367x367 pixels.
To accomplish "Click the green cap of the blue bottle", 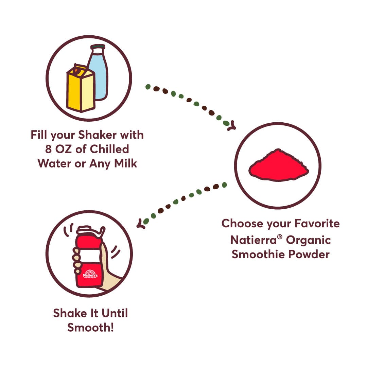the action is [x=98, y=46].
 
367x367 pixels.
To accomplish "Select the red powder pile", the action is [x=279, y=165].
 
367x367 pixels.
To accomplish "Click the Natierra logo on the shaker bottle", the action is [x=90, y=274].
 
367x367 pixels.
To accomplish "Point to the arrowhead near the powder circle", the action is [x=232, y=126].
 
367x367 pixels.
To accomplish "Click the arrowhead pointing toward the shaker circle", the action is [x=141, y=224].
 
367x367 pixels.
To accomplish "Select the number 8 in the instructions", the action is [x=48, y=149].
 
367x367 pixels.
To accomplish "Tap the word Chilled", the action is [x=109, y=149].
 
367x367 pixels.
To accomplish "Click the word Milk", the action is [x=125, y=163].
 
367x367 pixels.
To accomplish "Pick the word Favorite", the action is [x=317, y=223].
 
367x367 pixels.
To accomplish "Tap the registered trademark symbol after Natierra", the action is [x=280, y=237].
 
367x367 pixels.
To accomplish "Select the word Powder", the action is [x=309, y=255].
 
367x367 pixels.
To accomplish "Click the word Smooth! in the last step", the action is [x=90, y=328].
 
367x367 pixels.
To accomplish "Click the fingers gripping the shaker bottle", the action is [x=76, y=260].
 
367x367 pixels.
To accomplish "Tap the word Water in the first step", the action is [x=54, y=163].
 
